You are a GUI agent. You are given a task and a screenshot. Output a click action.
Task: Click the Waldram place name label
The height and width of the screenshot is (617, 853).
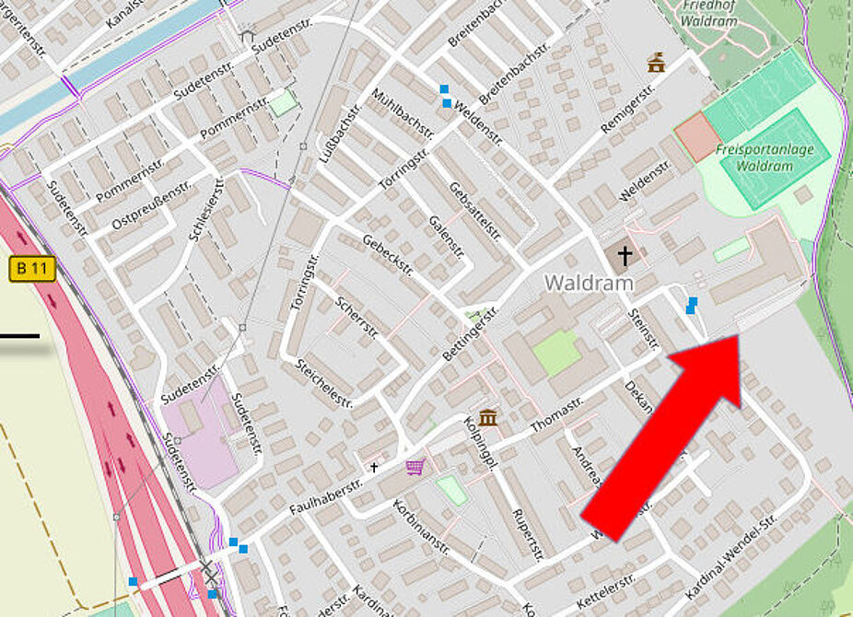pos(589,283)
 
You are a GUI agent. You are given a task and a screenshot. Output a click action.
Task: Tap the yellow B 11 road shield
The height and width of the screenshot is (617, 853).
pos(32,270)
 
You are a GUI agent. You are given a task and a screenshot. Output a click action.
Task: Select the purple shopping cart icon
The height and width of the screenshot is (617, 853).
pos(415,468)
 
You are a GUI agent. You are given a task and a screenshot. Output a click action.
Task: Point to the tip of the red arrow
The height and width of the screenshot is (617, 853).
pos(737,338)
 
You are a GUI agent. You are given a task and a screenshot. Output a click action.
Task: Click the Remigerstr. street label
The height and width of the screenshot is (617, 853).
pos(627,109)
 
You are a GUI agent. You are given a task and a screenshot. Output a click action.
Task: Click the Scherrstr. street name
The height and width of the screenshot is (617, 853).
pos(356,316)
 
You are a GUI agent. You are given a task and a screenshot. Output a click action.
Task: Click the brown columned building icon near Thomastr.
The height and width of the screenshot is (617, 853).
pos(488,419)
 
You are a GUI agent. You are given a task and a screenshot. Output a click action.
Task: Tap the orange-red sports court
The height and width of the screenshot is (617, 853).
pos(696,138)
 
